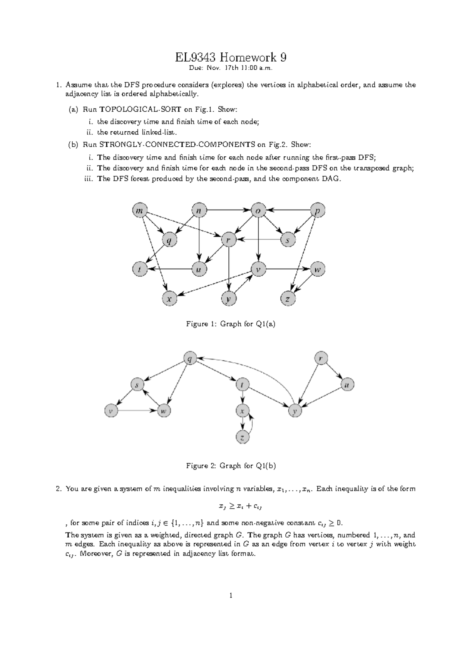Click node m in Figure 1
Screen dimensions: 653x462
[x=139, y=211]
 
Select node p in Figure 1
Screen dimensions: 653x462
[x=317, y=211]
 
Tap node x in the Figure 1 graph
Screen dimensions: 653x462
[x=169, y=298]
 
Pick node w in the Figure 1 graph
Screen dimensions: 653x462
[x=317, y=270]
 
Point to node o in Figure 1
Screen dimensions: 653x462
[x=258, y=211]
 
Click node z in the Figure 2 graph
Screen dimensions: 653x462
[x=242, y=437]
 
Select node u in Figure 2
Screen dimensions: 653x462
[x=347, y=384]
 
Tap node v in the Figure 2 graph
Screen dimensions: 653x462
[x=111, y=411]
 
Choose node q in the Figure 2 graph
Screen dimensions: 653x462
[x=189, y=358]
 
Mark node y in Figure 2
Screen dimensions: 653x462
[x=295, y=411]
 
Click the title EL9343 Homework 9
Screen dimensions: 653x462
[x=231, y=58]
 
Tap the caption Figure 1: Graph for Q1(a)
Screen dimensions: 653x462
[x=231, y=324]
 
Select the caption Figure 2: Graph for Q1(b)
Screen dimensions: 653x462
[x=231, y=466]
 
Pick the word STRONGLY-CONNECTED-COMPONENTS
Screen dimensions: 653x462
[x=177, y=145]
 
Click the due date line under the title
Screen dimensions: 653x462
[x=231, y=69]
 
